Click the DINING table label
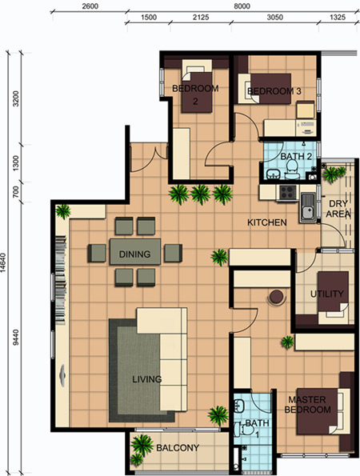(134, 254)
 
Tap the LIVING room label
(147, 379)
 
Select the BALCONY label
(178, 448)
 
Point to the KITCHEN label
(267, 222)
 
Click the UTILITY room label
(327, 294)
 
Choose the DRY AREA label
(338, 209)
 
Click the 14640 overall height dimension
(4, 263)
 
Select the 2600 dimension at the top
(90, 6)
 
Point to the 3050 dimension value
(275, 18)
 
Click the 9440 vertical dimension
(16, 337)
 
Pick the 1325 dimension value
(338, 18)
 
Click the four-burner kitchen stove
(287, 192)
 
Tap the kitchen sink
(307, 206)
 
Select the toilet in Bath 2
(292, 170)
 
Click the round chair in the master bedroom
(276, 298)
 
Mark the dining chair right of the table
(173, 253)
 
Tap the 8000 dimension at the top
(242, 6)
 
